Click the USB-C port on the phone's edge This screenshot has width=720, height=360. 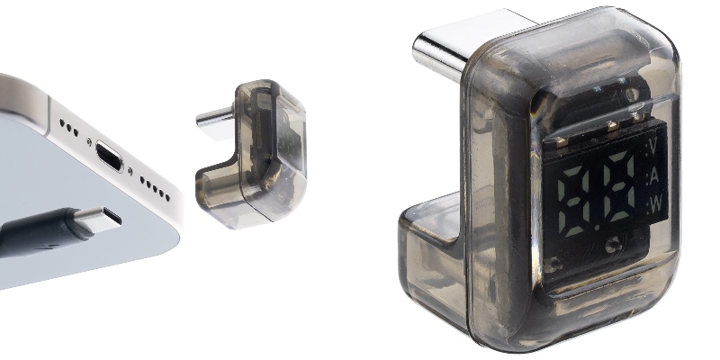coord(109,156)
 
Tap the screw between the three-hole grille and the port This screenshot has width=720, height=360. coord(89,142)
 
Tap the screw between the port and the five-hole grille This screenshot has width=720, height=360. coord(130,171)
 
